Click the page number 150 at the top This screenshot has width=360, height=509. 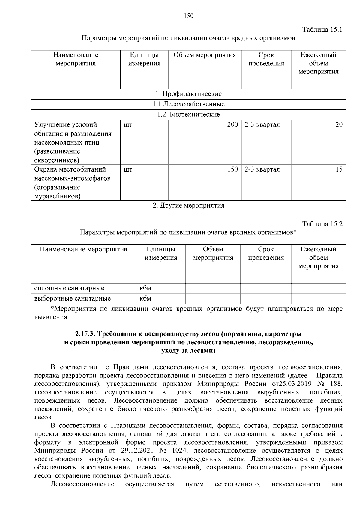pyautogui.click(x=188, y=16)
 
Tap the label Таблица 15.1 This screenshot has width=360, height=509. pyautogui.click(x=322, y=30)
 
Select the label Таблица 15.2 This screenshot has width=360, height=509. pyautogui.click(x=322, y=224)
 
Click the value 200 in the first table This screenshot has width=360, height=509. pyautogui.click(x=232, y=125)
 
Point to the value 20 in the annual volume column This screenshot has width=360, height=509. pyautogui.click(x=339, y=125)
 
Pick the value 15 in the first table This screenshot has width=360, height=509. pyautogui.click(x=339, y=169)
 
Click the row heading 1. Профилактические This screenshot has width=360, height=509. pyautogui.click(x=188, y=94)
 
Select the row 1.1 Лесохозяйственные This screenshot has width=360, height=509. pyautogui.click(x=188, y=104)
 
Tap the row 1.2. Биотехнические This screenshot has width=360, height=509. pyautogui.click(x=188, y=114)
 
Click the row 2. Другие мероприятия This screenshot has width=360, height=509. pyautogui.click(x=188, y=205)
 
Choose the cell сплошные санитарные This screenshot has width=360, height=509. pyautogui.click(x=69, y=288)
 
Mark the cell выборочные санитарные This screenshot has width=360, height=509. pyautogui.click(x=72, y=298)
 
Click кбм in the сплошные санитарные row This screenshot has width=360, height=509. pyautogui.click(x=145, y=288)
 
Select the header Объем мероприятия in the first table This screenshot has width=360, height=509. pyautogui.click(x=205, y=55)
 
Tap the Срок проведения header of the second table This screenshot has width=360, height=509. pyautogui.click(x=266, y=253)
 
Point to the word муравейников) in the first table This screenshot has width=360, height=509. pyautogui.click(x=57, y=196)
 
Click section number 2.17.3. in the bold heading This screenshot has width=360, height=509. pyautogui.click(x=85, y=334)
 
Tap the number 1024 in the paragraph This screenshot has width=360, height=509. pyautogui.click(x=180, y=451)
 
